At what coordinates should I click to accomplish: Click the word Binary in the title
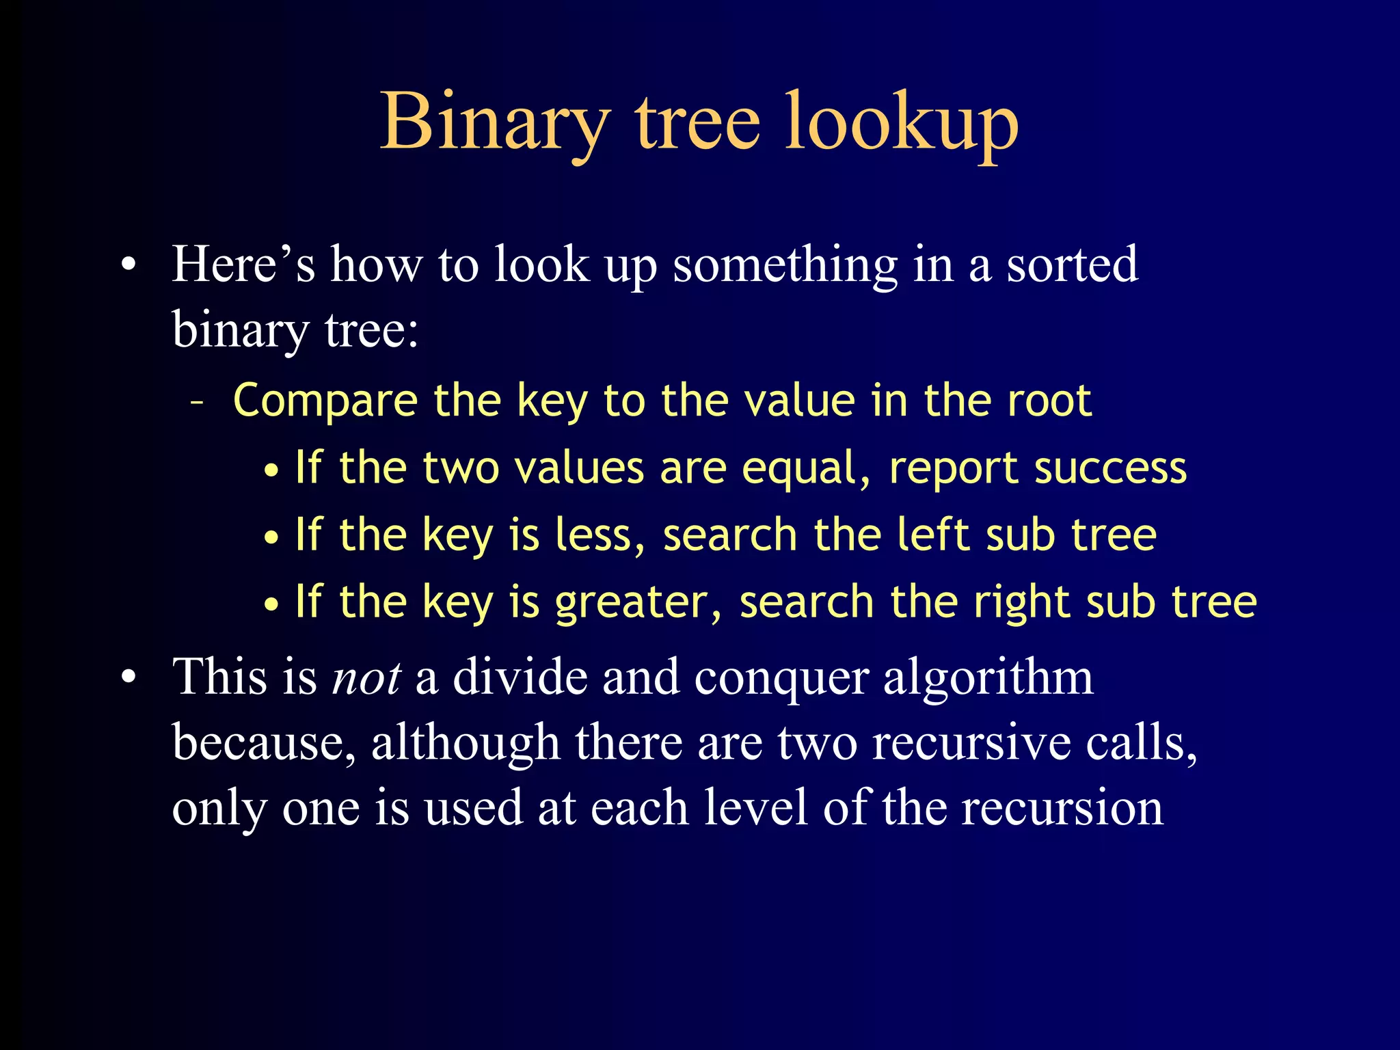(x=494, y=123)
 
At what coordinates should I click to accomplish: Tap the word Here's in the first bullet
(x=243, y=265)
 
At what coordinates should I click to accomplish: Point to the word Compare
(x=325, y=402)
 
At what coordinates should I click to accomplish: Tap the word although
(x=465, y=744)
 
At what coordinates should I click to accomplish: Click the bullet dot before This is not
(x=129, y=678)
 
